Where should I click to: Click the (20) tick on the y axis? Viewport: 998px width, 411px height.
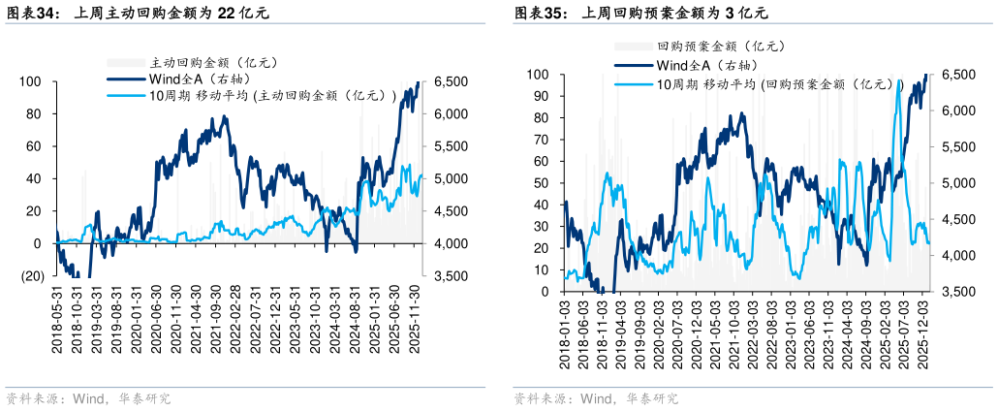pos(33,276)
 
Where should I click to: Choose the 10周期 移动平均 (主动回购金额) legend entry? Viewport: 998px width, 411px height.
pos(271,95)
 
